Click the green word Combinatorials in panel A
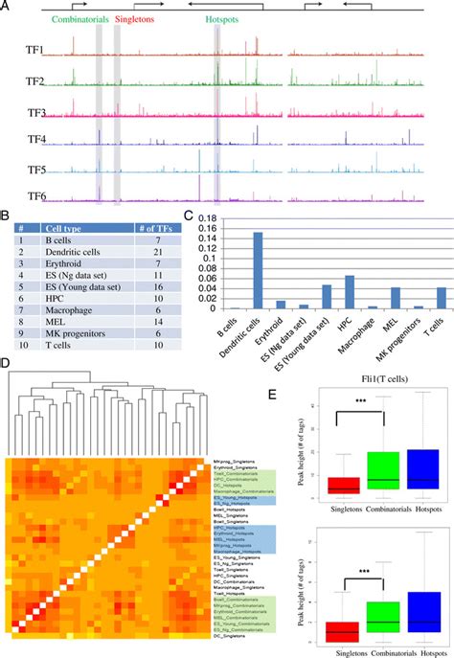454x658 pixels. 78,18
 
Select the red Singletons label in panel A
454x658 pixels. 138,18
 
